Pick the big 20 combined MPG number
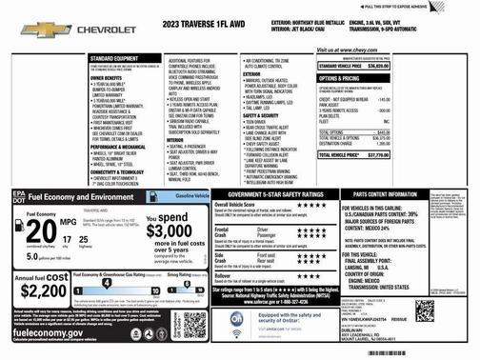click(x=35, y=231)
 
